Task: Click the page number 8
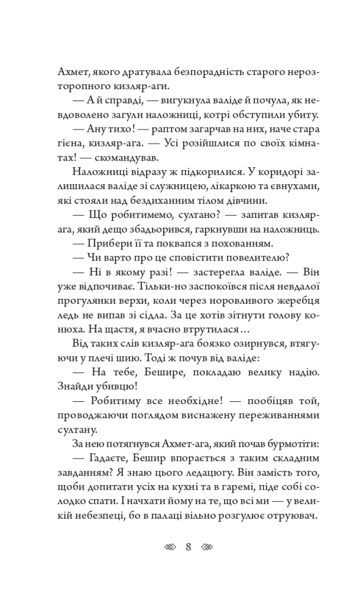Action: [188, 547]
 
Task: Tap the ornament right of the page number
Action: [206, 547]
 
